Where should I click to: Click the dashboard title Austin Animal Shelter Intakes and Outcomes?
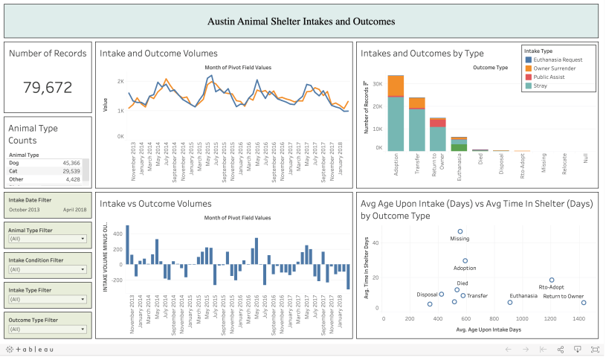tap(301, 22)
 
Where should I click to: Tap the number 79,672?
tap(48, 87)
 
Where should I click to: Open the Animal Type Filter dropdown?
tap(48, 239)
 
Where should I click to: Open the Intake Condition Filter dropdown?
tap(48, 269)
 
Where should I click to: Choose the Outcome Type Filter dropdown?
tap(48, 330)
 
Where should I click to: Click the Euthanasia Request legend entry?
tap(557, 60)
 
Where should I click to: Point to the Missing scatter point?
tap(460, 231)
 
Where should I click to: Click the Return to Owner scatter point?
tap(584, 303)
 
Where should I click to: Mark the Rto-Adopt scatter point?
tap(552, 280)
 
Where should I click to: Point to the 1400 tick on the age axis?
tap(578, 318)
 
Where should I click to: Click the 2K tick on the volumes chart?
tap(120, 82)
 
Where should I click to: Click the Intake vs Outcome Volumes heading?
tap(155, 203)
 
